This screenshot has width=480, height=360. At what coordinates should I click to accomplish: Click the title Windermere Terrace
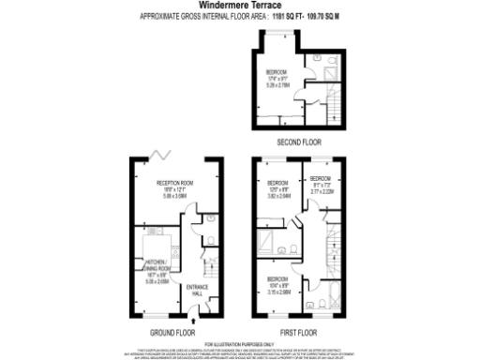tap(241, 5)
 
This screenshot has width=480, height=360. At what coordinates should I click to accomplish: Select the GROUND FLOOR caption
tap(172, 331)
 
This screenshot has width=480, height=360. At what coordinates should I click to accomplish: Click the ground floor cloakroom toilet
tap(210, 225)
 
